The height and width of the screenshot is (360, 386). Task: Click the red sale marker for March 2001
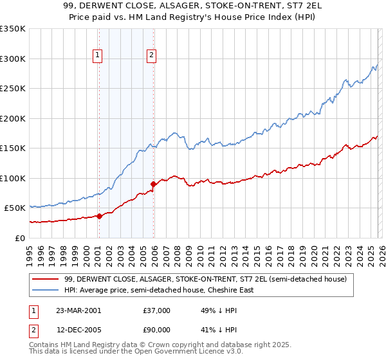pyautogui.click(x=99, y=216)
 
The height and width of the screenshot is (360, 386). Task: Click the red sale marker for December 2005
pyautogui.click(x=153, y=184)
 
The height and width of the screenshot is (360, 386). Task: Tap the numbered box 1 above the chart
pyautogui.click(x=97, y=55)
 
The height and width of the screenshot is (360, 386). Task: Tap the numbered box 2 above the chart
pyautogui.click(x=151, y=55)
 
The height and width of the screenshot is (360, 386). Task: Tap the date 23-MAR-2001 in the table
pyautogui.click(x=79, y=310)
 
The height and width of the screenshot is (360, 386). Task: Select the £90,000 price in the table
pyautogui.click(x=157, y=329)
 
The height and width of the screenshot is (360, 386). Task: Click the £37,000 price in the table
pyautogui.click(x=157, y=310)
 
